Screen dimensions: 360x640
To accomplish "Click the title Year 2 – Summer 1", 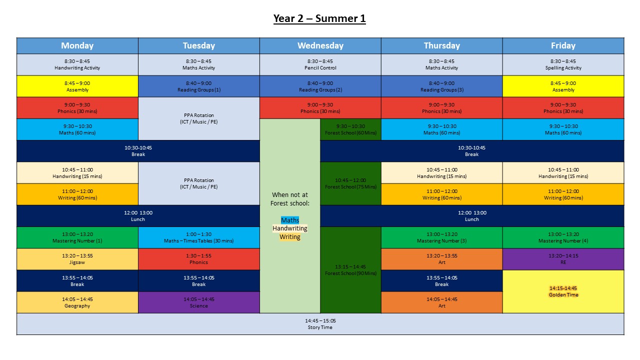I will [319, 19].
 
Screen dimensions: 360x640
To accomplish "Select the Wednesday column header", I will [320, 45].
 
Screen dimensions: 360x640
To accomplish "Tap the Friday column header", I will [563, 45].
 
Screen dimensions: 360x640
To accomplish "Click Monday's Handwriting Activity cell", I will [77, 64].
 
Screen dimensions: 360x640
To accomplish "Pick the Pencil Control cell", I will [320, 64].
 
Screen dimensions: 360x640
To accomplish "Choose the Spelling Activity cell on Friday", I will [563, 64].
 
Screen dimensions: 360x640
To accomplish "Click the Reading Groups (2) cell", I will [320, 86].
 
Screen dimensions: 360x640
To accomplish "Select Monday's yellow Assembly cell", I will [77, 86].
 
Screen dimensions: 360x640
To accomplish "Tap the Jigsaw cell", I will [77, 259].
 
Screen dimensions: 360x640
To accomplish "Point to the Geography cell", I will [77, 302].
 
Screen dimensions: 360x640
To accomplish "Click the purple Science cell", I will [198, 302].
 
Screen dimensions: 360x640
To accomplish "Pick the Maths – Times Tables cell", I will [198, 237].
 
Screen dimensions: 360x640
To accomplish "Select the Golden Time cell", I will [563, 291].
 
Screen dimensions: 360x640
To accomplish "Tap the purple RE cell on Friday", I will [563, 259].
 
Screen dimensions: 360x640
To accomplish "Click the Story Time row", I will [320, 324].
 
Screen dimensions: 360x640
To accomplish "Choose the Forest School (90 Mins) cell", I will [350, 270].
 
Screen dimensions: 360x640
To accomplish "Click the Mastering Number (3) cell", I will [441, 237].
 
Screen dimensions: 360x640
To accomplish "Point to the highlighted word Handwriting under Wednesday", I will [290, 228].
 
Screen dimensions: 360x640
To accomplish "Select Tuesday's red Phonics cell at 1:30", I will [198, 259].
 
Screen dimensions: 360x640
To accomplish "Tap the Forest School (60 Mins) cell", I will [350, 129].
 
